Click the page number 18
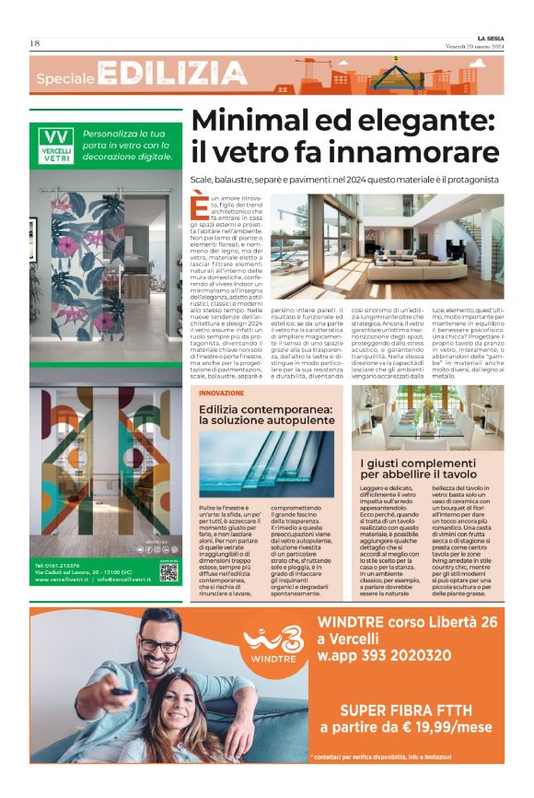(x=35, y=43)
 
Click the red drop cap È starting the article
(x=200, y=205)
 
